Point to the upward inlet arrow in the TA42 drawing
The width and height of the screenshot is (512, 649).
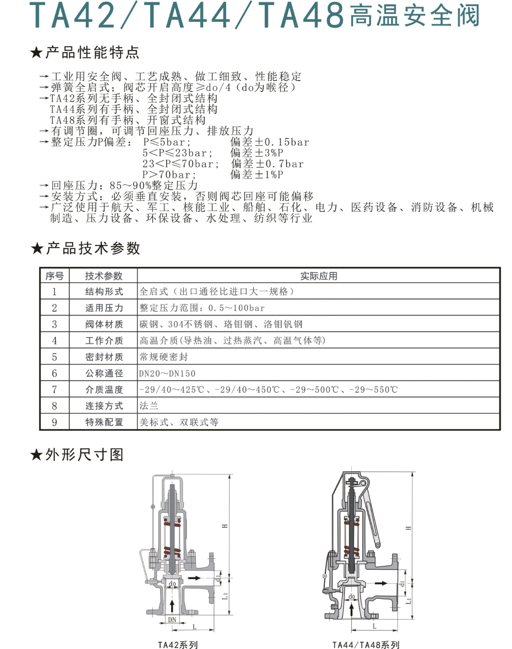[172, 606]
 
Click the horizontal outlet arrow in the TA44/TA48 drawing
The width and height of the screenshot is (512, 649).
[381, 583]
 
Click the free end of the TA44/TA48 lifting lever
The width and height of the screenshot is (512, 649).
[378, 545]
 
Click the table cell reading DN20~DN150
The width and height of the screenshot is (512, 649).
[167, 373]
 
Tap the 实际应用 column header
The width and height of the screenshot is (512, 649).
[318, 276]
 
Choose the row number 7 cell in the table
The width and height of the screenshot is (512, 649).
[54, 389]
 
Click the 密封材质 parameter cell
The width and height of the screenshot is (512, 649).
[104, 357]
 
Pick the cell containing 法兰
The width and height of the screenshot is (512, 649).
[149, 406]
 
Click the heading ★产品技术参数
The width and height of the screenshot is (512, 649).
[85, 248]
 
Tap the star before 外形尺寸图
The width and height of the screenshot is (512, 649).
[37, 455]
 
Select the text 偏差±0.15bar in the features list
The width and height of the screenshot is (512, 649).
[270, 142]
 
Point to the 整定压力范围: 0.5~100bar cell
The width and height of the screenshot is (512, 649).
[202, 308]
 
